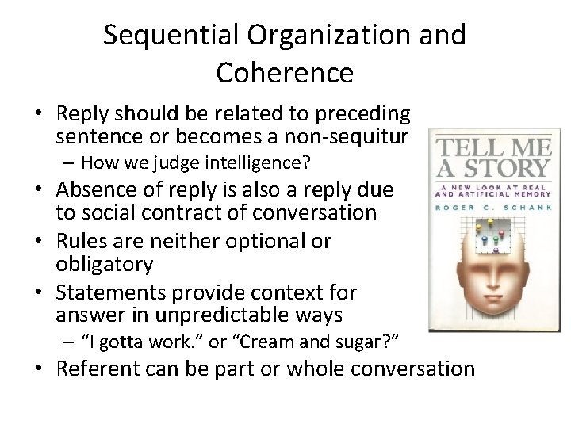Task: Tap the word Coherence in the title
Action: click(285, 73)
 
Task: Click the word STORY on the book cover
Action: click(507, 168)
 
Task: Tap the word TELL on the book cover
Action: click(463, 147)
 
